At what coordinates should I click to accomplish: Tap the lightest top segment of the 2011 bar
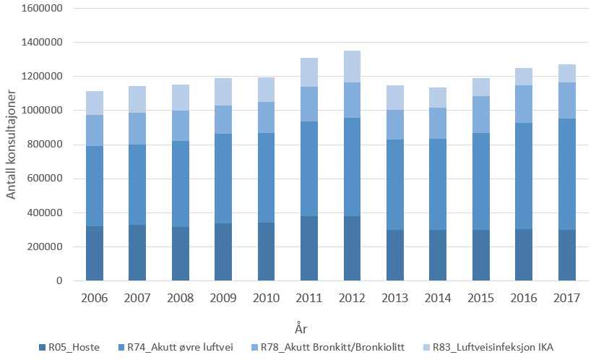coord(309,72)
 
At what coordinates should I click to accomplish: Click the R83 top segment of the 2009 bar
coord(223,92)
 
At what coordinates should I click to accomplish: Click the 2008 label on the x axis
coord(181,299)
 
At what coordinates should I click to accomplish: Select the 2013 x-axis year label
coord(395,299)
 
